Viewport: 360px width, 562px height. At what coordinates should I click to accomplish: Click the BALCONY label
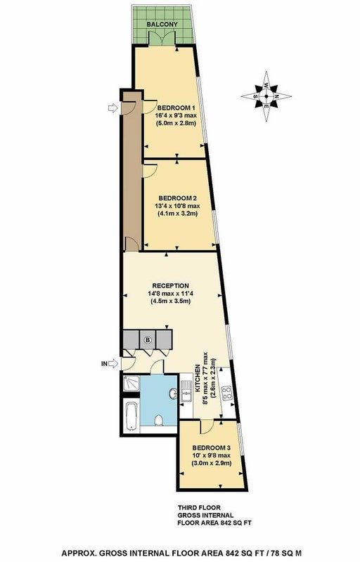tap(162, 25)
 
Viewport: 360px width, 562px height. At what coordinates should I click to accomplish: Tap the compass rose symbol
tap(266, 96)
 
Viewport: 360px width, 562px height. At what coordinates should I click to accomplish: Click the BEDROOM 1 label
tap(176, 108)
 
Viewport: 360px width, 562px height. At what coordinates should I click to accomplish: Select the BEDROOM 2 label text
tap(178, 198)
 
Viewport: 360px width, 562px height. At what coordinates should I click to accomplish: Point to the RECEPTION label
tap(170, 286)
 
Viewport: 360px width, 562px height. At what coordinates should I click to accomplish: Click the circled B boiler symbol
tap(148, 339)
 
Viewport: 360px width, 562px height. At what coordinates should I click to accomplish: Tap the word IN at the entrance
tap(104, 364)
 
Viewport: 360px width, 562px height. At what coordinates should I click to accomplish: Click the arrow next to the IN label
tap(113, 364)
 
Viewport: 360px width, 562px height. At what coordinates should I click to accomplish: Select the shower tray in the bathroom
tap(131, 384)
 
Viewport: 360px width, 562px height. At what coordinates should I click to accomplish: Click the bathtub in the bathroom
tap(131, 416)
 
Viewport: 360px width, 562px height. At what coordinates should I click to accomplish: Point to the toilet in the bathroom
tap(158, 420)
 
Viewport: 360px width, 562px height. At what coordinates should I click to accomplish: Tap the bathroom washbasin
tap(173, 394)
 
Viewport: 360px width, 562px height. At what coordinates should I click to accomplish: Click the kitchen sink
tap(186, 391)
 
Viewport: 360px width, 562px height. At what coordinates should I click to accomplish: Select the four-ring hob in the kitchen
tap(227, 393)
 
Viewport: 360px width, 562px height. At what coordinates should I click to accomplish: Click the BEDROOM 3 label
tap(211, 448)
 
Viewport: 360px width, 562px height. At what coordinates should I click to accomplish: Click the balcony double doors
tap(162, 38)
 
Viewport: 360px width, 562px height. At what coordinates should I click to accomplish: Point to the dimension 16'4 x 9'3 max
tap(176, 116)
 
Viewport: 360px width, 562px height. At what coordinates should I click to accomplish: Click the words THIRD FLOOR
tap(200, 507)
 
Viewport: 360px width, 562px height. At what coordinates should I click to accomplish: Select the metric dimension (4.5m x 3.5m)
tap(170, 301)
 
